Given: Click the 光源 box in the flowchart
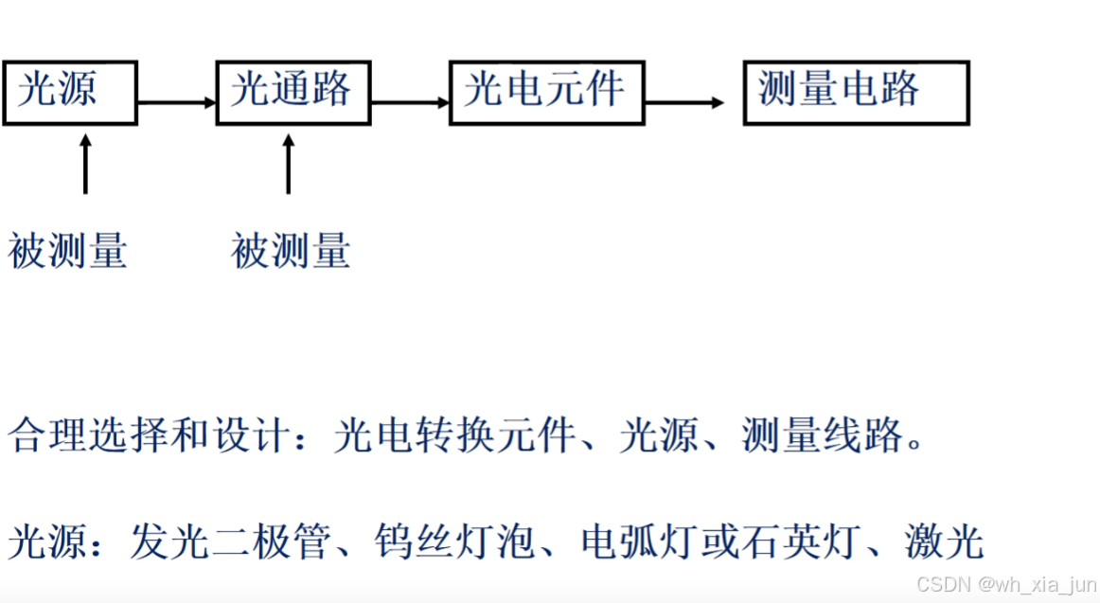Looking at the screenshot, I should [69, 93].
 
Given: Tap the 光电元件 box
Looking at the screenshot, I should [546, 93].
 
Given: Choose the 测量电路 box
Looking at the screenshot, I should [856, 93].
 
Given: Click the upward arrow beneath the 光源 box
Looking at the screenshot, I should [85, 165].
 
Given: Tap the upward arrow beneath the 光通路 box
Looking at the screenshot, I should [288, 165].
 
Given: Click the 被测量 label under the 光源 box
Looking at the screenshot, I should [67, 252].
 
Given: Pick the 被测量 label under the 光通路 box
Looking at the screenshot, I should [291, 252].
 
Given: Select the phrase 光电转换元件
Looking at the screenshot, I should [454, 437].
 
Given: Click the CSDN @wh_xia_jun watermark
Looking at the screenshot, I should [1004, 585].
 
